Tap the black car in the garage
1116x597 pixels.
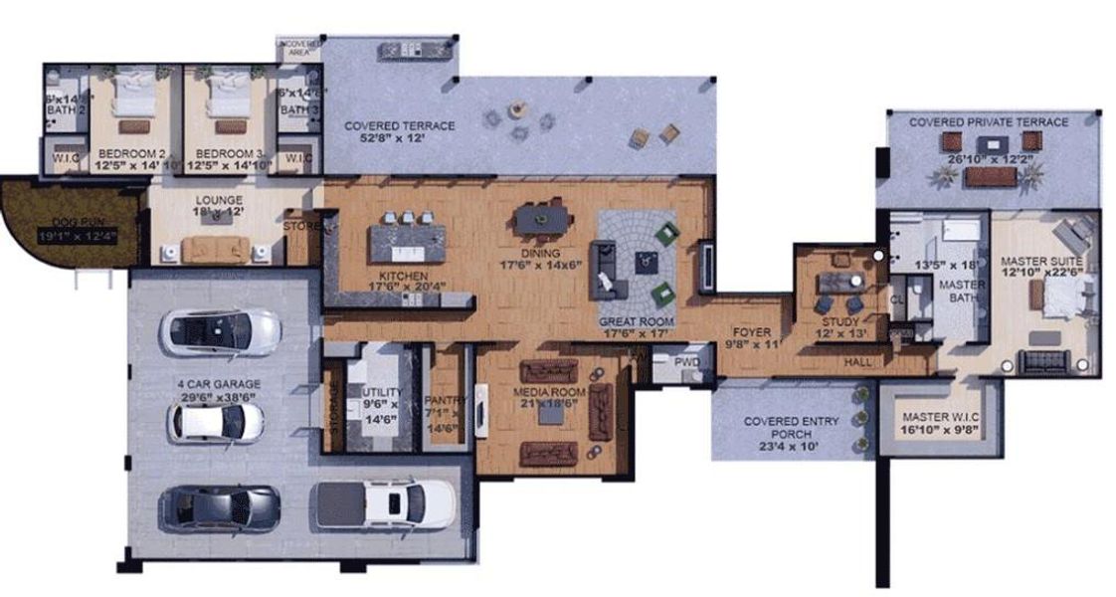(219, 504)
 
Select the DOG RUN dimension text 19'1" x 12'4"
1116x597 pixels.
(78, 237)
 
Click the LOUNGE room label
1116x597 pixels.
(219, 200)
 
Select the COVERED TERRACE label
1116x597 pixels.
(399, 126)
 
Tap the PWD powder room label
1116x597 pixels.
(686, 362)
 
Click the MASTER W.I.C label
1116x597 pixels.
(940, 416)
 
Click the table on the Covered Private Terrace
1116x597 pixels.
(992, 177)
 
